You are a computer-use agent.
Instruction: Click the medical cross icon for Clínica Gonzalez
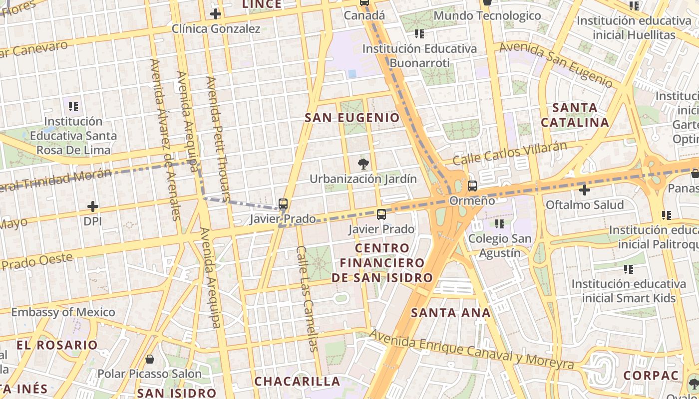pyautogui.click(x=215, y=14)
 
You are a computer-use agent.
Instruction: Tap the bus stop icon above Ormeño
pyautogui.click(x=472, y=186)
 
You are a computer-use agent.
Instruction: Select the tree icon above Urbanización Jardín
pyautogui.click(x=363, y=164)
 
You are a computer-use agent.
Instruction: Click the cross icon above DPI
pyautogui.click(x=92, y=206)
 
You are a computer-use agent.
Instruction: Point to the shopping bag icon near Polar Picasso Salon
pyautogui.click(x=149, y=359)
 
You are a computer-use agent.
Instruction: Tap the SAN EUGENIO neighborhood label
pyautogui.click(x=352, y=118)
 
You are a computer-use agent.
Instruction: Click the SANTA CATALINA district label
pyautogui.click(x=575, y=115)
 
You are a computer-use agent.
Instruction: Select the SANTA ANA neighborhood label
pyautogui.click(x=451, y=313)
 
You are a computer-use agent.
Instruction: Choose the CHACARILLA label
pyautogui.click(x=297, y=382)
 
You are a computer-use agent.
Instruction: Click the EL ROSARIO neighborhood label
pyautogui.click(x=57, y=345)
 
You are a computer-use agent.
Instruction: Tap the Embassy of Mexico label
pyautogui.click(x=63, y=312)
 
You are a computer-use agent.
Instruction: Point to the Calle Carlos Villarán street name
pyautogui.click(x=510, y=154)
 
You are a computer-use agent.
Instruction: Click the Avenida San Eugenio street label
pyautogui.click(x=556, y=64)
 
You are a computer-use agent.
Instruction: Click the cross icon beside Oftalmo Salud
pyautogui.click(x=585, y=190)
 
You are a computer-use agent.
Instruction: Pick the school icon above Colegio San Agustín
pyautogui.click(x=499, y=224)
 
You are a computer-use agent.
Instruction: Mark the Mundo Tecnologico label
pyautogui.click(x=487, y=15)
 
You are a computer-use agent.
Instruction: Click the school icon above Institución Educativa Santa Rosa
pyautogui.click(x=73, y=106)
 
